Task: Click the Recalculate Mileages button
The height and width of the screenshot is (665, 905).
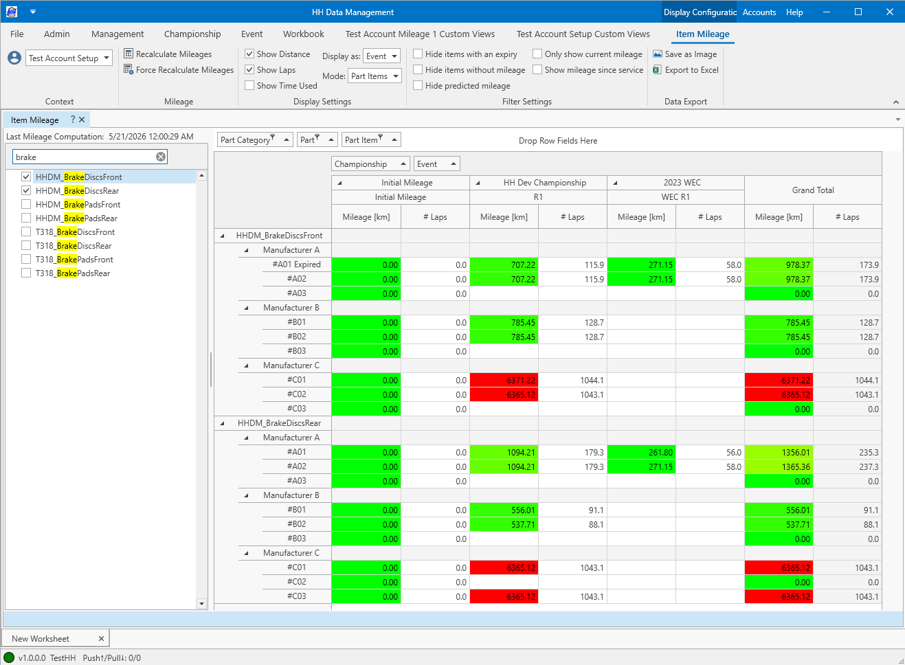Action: coord(168,54)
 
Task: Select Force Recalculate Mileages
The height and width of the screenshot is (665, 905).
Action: coord(179,70)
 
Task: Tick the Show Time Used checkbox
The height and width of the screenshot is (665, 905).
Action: coord(249,86)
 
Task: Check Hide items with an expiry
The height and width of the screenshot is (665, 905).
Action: coord(418,54)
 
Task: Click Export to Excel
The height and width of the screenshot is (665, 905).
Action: coord(686,70)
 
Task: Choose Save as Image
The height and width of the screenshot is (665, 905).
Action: coord(685,54)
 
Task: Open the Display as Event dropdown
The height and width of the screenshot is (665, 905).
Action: coord(382,56)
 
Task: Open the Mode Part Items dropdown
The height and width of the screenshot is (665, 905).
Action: coord(375,76)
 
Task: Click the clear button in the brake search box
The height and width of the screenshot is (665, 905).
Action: coord(161,157)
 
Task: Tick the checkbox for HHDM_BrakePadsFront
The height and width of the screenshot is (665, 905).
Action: coord(26,205)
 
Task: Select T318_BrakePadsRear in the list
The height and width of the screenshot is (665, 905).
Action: coord(73,273)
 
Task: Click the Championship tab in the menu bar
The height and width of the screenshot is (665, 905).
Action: coord(192,34)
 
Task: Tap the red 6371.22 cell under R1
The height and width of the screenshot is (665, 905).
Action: coord(504,380)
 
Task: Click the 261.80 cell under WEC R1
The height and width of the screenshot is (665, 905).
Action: coord(641,453)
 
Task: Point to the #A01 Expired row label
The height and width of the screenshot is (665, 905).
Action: coord(297,264)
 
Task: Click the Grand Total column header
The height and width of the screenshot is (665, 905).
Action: coord(813,190)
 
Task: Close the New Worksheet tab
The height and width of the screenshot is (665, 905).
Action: coord(102,638)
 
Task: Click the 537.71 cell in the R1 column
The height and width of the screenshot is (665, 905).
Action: coord(504,524)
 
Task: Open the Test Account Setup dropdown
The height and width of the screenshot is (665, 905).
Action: coord(69,58)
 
